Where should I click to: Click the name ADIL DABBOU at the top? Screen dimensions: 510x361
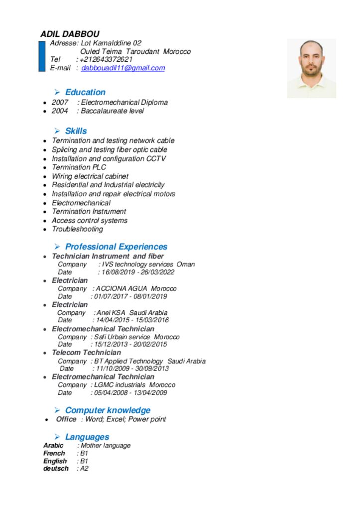tap(63, 34)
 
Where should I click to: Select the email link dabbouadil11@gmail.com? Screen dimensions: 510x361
tap(123, 68)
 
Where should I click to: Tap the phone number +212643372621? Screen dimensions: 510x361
tap(106, 59)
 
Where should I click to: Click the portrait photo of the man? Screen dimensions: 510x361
tap(311, 68)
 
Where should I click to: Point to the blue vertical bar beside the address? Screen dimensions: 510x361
tap(42, 56)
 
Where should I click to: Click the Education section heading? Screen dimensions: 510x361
tap(85, 92)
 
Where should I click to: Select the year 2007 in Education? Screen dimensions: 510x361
tap(60, 103)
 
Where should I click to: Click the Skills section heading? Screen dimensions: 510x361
tap(76, 131)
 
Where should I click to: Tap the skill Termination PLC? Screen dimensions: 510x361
tap(79, 167)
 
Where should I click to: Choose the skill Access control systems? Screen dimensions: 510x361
tap(90, 220)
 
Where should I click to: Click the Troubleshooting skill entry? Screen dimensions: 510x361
tap(77, 229)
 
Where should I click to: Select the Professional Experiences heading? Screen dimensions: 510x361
tap(116, 247)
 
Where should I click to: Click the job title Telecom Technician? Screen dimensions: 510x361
tap(86, 353)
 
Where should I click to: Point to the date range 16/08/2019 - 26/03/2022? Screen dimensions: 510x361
tap(138, 272)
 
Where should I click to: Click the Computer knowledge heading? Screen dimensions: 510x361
tap(108, 410)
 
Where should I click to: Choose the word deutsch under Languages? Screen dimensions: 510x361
tap(56, 469)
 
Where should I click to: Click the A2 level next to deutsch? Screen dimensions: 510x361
tap(84, 469)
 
